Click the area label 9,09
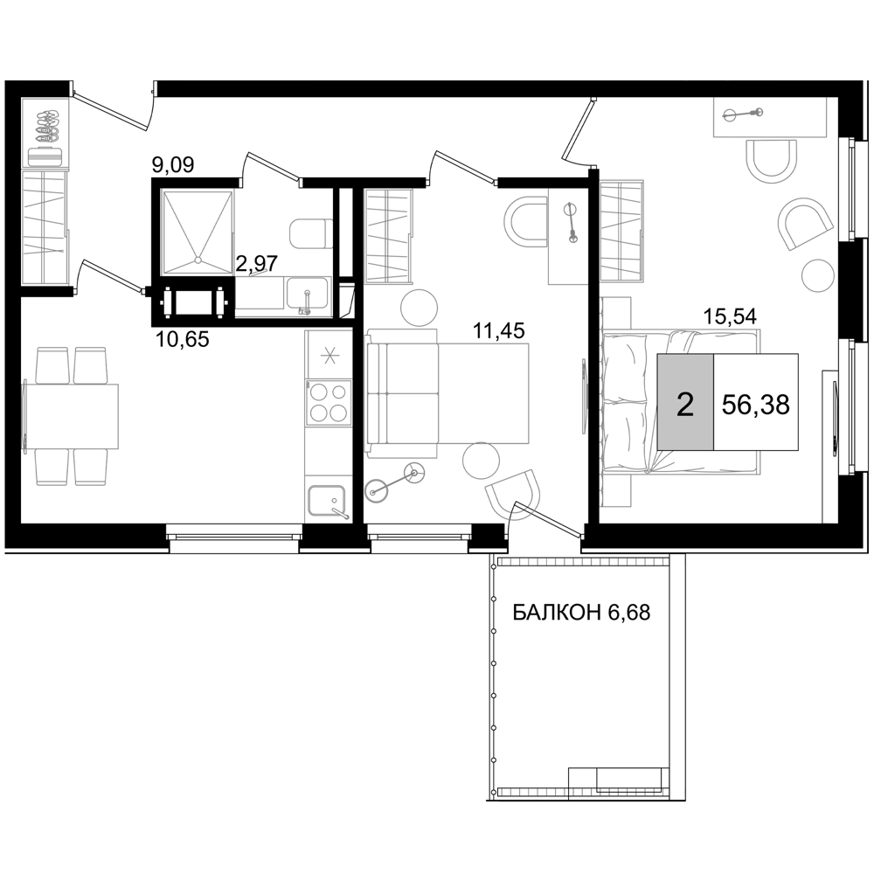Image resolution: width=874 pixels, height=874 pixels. click(173, 165)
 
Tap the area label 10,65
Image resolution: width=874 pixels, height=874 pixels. click(183, 338)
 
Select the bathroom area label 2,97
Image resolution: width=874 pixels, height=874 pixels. click(256, 262)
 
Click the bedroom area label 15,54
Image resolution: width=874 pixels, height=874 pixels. click(730, 316)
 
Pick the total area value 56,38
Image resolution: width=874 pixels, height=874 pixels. click(755, 404)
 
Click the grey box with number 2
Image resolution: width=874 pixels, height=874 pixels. click(685, 401)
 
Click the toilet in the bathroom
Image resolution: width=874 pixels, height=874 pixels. click(309, 234)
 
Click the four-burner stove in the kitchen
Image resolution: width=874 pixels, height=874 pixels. click(328, 402)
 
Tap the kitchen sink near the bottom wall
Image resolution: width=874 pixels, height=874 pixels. click(328, 502)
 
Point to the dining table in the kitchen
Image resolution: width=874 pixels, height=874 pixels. click(71, 416)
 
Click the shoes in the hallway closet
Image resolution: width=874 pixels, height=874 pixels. click(46, 125)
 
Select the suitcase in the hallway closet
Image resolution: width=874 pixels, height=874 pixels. click(46, 156)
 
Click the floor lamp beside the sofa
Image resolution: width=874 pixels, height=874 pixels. click(396, 482)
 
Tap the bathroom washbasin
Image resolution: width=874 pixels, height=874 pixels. click(308, 296)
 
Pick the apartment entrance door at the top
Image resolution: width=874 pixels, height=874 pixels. click(114, 109)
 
